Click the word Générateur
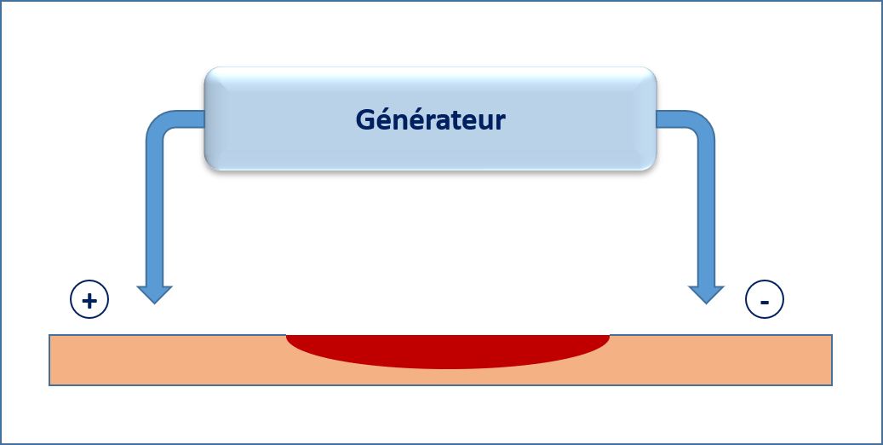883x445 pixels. [x=430, y=120]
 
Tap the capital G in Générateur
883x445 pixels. [x=364, y=120]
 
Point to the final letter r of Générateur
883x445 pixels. [x=501, y=122]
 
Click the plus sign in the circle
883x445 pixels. [x=89, y=299]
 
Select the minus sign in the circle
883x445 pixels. [x=765, y=300]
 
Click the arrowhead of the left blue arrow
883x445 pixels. [x=155, y=294]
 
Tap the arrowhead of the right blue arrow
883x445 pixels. [x=706, y=294]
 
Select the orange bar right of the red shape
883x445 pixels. [x=724, y=361]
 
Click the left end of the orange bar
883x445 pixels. [x=53, y=361]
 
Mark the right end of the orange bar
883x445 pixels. [x=829, y=361]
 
